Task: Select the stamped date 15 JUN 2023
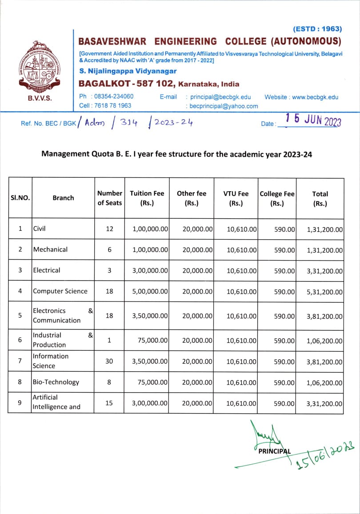coord(313,120)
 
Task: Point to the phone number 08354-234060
coord(113,96)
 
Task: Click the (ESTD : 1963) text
coord(317,29)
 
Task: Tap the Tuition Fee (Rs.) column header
coord(147,198)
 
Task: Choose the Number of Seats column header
coord(109,198)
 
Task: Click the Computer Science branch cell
coord(60,291)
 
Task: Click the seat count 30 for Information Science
coord(109,361)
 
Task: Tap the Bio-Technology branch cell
coord(56,382)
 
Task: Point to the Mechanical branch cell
coord(50,249)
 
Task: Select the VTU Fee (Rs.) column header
coord(236,198)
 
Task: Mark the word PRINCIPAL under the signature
coord(275,451)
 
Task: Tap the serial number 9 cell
coord(20,402)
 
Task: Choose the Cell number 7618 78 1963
coord(105,105)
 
